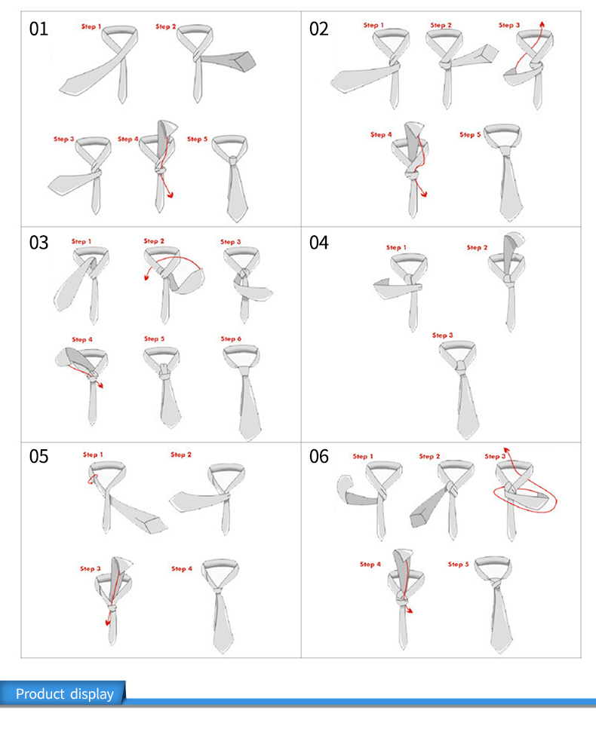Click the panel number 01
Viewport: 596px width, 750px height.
(38, 29)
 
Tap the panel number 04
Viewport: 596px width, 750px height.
(319, 243)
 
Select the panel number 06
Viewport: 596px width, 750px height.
(319, 457)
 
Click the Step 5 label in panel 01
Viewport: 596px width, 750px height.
(197, 139)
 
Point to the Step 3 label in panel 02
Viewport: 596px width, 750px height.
(509, 26)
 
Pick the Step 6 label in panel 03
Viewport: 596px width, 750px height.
(231, 338)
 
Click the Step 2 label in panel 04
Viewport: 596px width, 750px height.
(477, 247)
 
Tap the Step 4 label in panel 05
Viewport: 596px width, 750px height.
(181, 568)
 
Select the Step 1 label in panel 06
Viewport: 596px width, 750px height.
(363, 456)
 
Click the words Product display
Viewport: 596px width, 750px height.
(65, 694)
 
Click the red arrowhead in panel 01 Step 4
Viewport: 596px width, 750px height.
(170, 194)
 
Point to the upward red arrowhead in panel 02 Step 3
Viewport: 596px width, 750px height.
(542, 24)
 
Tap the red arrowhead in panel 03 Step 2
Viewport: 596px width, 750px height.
(147, 277)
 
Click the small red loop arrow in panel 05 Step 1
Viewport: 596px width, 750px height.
(92, 479)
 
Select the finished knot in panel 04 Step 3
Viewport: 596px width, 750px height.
(460, 367)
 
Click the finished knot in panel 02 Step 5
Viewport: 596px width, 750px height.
(505, 152)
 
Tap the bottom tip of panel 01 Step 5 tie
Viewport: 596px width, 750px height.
(237, 221)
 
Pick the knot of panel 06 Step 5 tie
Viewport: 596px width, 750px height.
(495, 584)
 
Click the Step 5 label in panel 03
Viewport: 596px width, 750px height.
(154, 338)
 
